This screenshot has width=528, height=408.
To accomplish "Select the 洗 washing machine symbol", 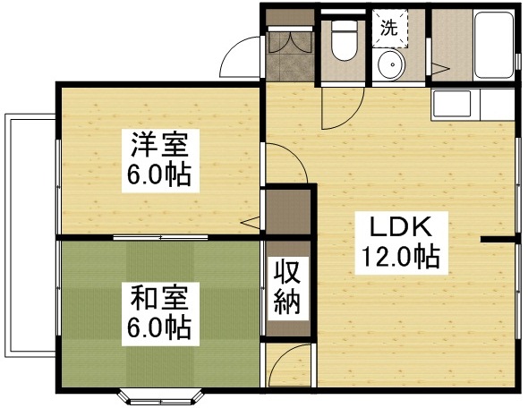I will pyautogui.click(x=389, y=27).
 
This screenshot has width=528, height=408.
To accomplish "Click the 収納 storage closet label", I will pyautogui.click(x=286, y=286).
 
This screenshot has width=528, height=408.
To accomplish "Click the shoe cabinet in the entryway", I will pyautogui.click(x=287, y=46).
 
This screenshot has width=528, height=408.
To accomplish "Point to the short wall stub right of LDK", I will pyautogui.click(x=499, y=239).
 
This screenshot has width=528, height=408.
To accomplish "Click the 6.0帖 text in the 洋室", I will pyautogui.click(x=157, y=175).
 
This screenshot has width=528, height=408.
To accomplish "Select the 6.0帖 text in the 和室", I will pyautogui.click(x=157, y=328).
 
